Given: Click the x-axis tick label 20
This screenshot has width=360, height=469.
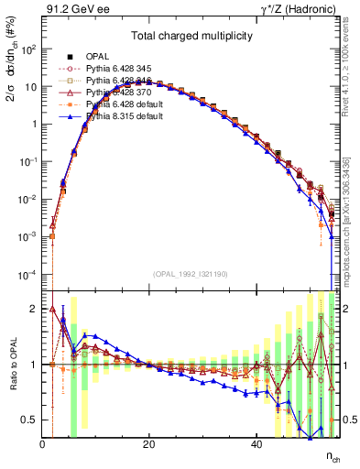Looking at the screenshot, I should point(149,443).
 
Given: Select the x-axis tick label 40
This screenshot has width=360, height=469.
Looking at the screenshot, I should point(256,443).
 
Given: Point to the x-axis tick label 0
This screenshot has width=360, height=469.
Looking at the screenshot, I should point(43,443).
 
